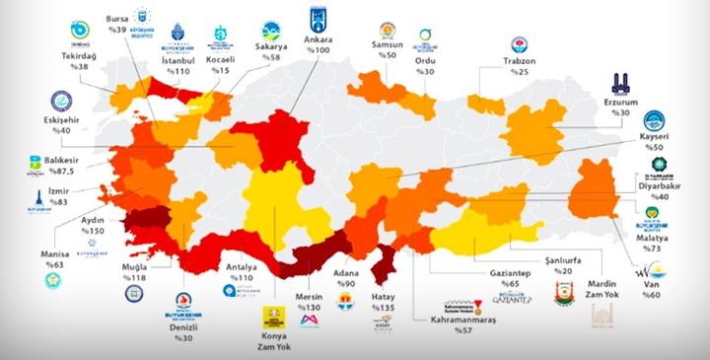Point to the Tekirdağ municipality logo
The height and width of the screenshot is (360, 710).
click(x=79, y=31)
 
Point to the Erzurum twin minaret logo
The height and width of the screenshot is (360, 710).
click(x=619, y=82)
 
